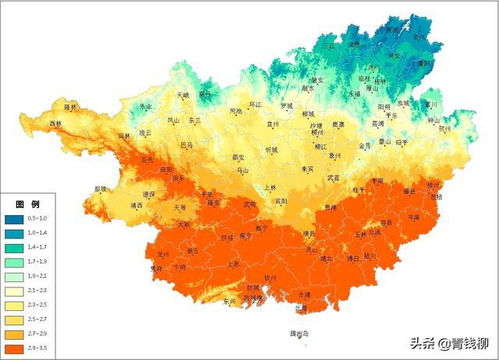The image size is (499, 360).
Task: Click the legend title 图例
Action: tap(25, 203)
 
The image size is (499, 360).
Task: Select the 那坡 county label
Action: tap(100, 188)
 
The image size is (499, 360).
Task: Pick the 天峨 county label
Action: tap(182, 95)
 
